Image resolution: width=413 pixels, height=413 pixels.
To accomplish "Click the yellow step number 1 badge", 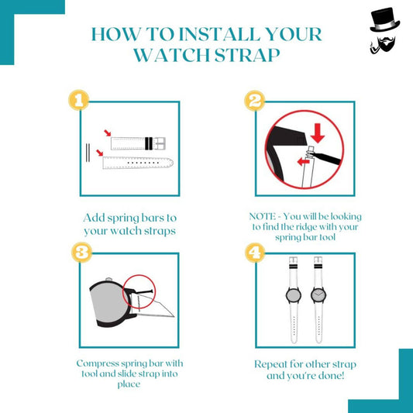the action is [79, 100].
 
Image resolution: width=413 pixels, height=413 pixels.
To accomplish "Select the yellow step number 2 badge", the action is [255, 101].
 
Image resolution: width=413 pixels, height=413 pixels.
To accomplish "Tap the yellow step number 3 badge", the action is [82, 253].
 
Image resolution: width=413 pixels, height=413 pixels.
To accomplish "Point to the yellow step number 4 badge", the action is [255, 253].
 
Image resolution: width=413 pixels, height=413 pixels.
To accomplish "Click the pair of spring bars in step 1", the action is [88, 153].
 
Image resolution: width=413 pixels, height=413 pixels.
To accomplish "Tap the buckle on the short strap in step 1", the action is [159, 143].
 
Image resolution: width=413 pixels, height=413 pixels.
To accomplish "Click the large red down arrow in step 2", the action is [318, 133].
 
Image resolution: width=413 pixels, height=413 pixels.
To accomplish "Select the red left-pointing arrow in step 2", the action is [304, 161].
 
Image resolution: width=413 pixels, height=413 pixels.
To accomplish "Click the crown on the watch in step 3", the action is [108, 279].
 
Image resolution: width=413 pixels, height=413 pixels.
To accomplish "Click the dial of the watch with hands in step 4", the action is [318, 295].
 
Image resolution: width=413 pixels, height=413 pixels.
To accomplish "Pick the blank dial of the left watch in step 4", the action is [294, 295].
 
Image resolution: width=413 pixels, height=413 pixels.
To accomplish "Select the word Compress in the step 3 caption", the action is [98, 364].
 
